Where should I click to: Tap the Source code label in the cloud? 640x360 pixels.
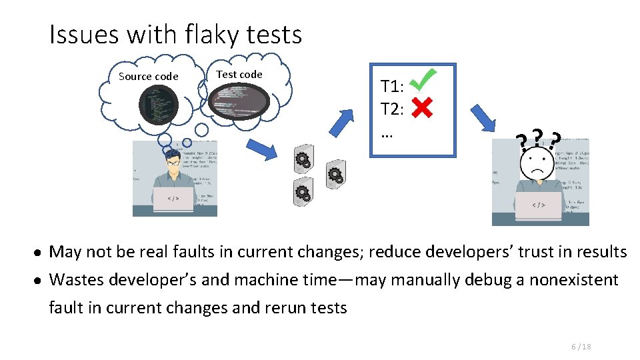(x=148, y=76)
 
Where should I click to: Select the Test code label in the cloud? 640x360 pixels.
(x=239, y=74)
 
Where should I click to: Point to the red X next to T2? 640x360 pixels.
(x=421, y=107)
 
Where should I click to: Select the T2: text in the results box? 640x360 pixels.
(x=392, y=109)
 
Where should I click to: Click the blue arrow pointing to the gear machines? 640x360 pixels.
(x=261, y=149)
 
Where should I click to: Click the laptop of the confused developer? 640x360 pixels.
(x=538, y=205)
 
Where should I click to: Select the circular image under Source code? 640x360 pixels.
(x=159, y=105)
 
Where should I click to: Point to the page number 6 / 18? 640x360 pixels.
(x=581, y=346)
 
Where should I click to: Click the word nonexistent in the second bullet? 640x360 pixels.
(x=573, y=279)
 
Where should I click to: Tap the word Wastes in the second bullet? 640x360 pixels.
(x=74, y=279)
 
